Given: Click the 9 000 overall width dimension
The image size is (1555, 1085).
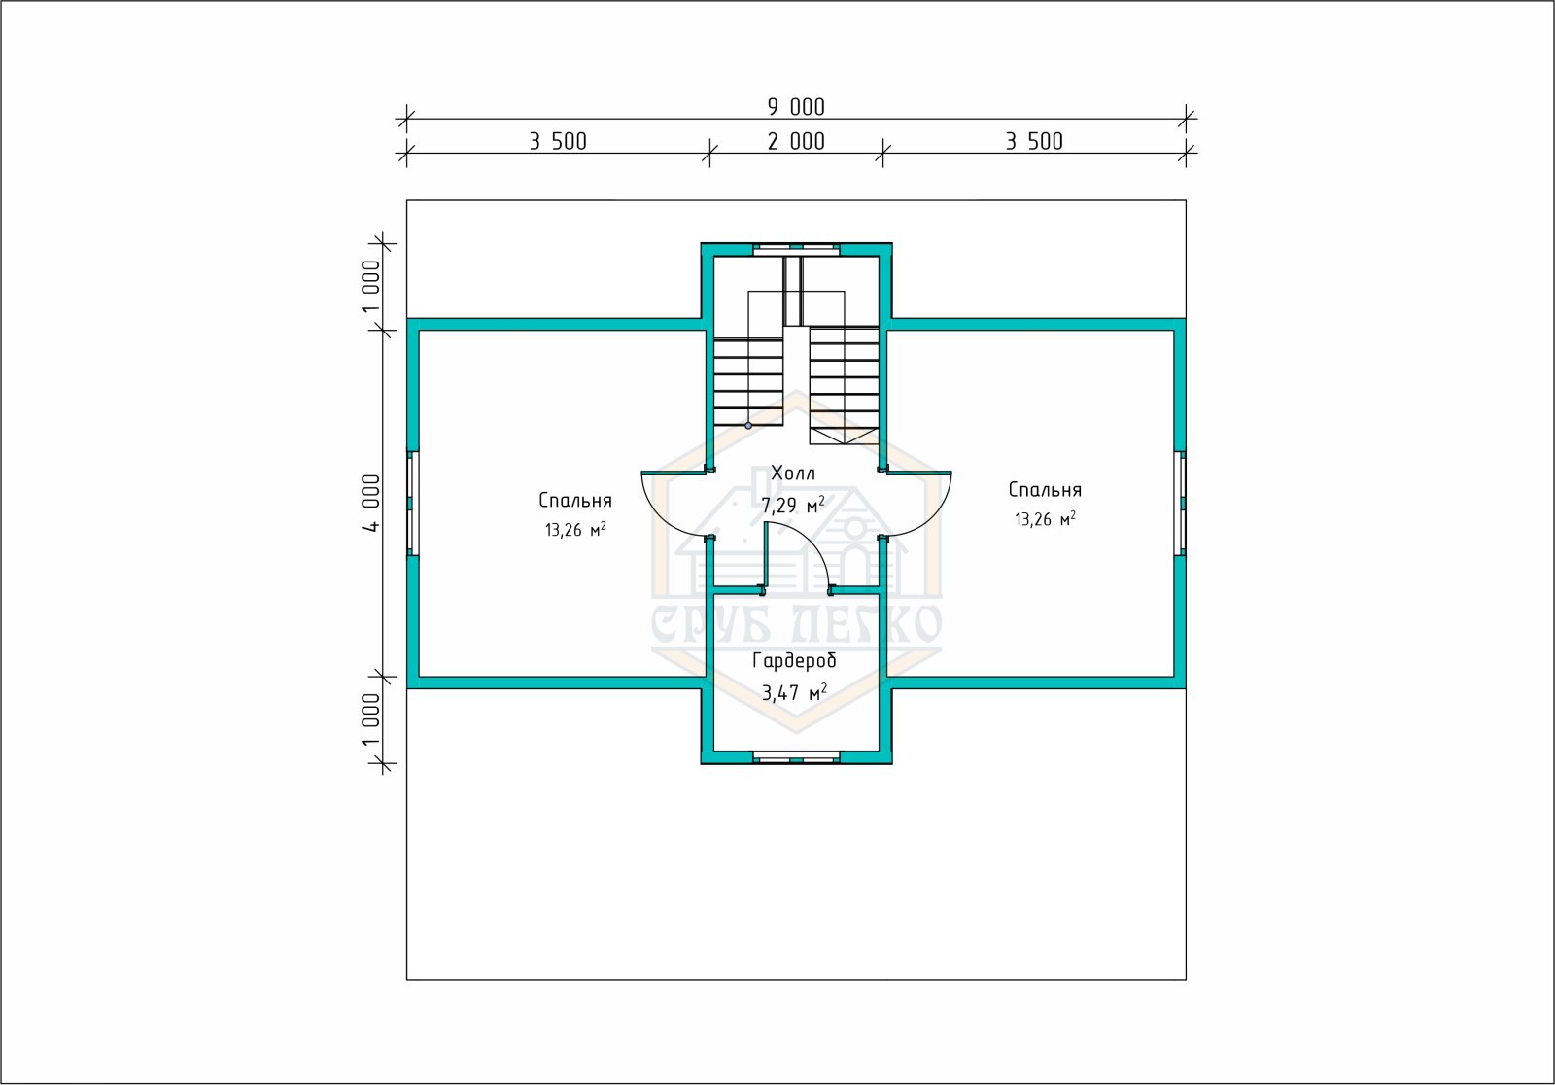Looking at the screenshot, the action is tap(796, 107).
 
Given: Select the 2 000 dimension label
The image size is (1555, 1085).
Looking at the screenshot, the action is tap(796, 142).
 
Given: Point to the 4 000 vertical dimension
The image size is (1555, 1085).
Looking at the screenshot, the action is tap(371, 503).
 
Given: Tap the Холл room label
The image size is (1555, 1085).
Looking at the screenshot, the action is tap(793, 473).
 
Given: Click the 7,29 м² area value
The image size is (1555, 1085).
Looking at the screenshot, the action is tap(793, 505).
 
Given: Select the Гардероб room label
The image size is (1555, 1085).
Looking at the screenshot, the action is tap(794, 660).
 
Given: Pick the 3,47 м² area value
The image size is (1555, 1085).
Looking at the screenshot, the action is tap(794, 692).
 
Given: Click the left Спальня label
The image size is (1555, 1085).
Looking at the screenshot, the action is tap(574, 501).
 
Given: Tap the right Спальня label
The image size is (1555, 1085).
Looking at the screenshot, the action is tap(1045, 490).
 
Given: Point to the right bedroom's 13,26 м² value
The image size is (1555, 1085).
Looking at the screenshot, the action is tap(1045, 519).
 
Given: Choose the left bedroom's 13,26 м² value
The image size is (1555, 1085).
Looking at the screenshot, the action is tap(574, 530).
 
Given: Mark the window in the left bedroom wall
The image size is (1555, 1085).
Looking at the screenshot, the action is tap(412, 503).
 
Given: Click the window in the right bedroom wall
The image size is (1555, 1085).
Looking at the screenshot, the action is tap(1180, 503).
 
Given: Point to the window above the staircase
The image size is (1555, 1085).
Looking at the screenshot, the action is tap(796, 249).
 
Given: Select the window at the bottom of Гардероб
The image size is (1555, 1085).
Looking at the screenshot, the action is tap(796, 757).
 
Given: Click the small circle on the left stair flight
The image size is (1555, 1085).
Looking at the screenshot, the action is tap(748, 425).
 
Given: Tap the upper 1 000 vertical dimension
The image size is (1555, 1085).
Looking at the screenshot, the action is tap(371, 287).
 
